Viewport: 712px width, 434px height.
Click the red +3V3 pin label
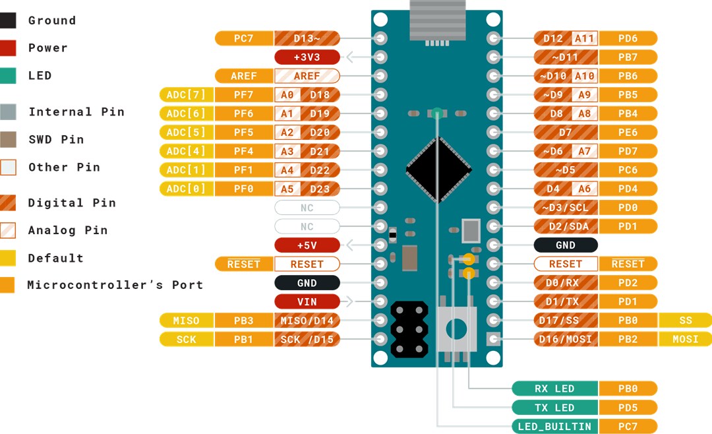coord(307,57)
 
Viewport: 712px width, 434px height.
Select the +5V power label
coord(307,245)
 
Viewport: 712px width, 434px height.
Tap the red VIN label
coord(307,302)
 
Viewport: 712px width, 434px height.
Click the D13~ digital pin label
coord(307,38)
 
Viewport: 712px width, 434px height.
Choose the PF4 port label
coord(243,151)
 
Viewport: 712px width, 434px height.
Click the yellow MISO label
coord(187,321)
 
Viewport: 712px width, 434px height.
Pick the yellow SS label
coord(685,321)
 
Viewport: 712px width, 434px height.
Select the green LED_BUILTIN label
coord(554,427)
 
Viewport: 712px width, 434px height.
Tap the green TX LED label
coord(554,408)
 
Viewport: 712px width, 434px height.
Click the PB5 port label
coord(628,95)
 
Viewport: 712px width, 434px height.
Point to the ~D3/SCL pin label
coord(566,208)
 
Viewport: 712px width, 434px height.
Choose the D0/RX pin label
coord(566,283)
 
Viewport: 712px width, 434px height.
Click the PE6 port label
coord(628,133)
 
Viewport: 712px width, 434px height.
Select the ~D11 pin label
coord(566,57)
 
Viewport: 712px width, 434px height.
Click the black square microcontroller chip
coord(438,170)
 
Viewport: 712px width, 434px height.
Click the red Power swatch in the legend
coord(8,48)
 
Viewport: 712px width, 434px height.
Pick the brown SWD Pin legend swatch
coord(8,139)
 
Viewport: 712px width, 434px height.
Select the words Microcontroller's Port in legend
coord(115,285)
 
